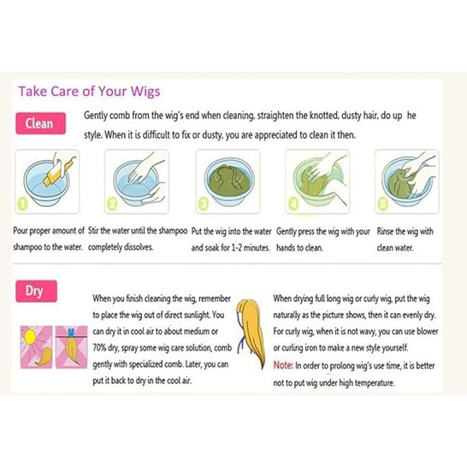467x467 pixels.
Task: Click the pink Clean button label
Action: tap(40, 123)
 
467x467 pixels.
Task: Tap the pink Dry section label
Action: tap(36, 291)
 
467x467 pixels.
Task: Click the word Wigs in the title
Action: tap(146, 92)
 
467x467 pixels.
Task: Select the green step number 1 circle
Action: tap(23, 204)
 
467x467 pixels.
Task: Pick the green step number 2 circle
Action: tap(112, 204)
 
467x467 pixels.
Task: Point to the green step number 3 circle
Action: tap(203, 204)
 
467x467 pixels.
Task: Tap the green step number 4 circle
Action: tap(293, 204)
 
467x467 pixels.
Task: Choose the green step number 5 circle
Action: tap(383, 204)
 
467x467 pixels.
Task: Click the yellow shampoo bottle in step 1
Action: tap(59, 170)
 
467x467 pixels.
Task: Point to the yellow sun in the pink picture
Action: tap(30, 337)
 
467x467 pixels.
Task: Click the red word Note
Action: tap(283, 365)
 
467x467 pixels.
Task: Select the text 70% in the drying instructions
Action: tap(100, 348)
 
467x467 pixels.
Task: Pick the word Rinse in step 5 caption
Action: tap(385, 231)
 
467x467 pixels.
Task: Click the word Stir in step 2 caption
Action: tap(93, 231)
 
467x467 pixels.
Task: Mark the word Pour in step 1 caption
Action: tap(20, 231)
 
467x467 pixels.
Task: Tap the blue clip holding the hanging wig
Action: tap(71, 332)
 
